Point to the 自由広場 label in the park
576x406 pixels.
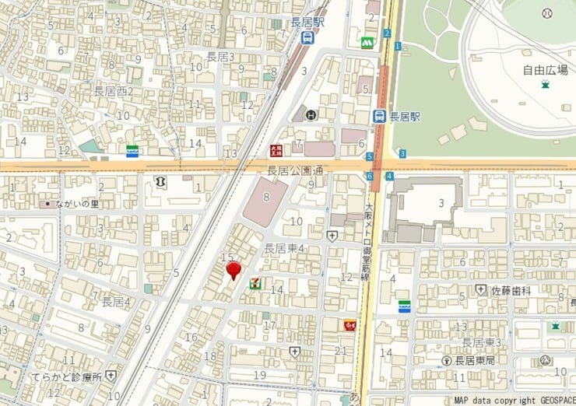coord(544,70)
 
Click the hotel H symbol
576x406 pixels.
coord(311,115)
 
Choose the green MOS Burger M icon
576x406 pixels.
coord(366,42)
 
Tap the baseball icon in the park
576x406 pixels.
coord(547,12)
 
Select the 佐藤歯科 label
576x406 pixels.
coord(511,289)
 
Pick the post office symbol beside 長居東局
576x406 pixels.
coord(447,361)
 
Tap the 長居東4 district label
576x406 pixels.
coord(283,249)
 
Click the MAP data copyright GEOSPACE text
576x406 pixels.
coord(515,401)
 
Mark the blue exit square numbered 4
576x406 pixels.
coord(388,177)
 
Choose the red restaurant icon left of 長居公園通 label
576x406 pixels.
coord(276,149)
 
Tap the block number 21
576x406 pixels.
coord(339,351)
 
